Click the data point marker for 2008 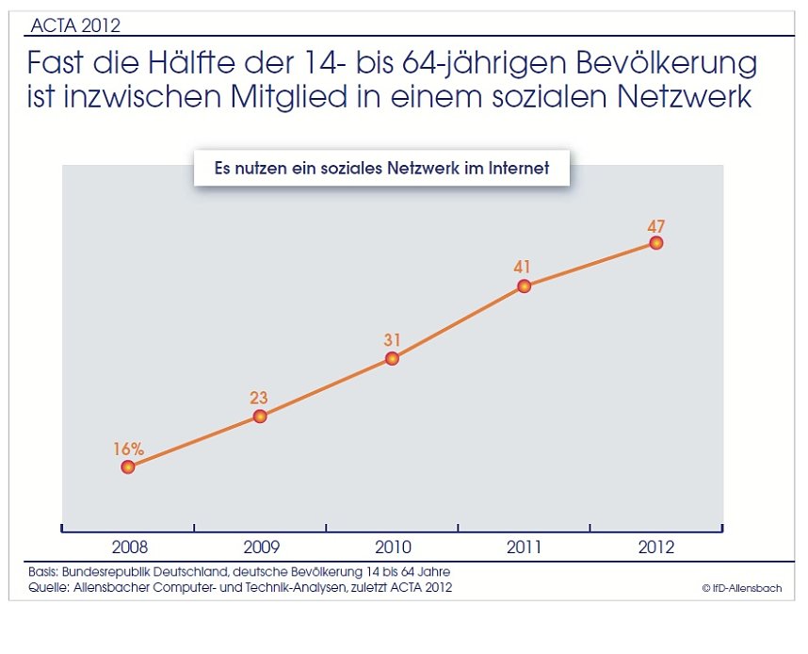[x=128, y=466]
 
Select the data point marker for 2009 [x=260, y=416]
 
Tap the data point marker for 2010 [x=392, y=358]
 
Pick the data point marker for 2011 [x=525, y=286]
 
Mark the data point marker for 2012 [x=656, y=242]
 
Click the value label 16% [x=128, y=449]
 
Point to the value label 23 [x=260, y=398]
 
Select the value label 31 [x=392, y=339]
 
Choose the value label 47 [x=656, y=225]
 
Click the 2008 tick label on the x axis [x=129, y=547]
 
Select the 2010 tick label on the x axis [x=393, y=547]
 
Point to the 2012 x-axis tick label [x=656, y=547]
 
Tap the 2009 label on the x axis [x=261, y=547]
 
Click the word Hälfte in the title [x=227, y=65]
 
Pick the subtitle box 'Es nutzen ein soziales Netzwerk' [x=381, y=169]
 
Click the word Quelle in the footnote [x=47, y=588]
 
